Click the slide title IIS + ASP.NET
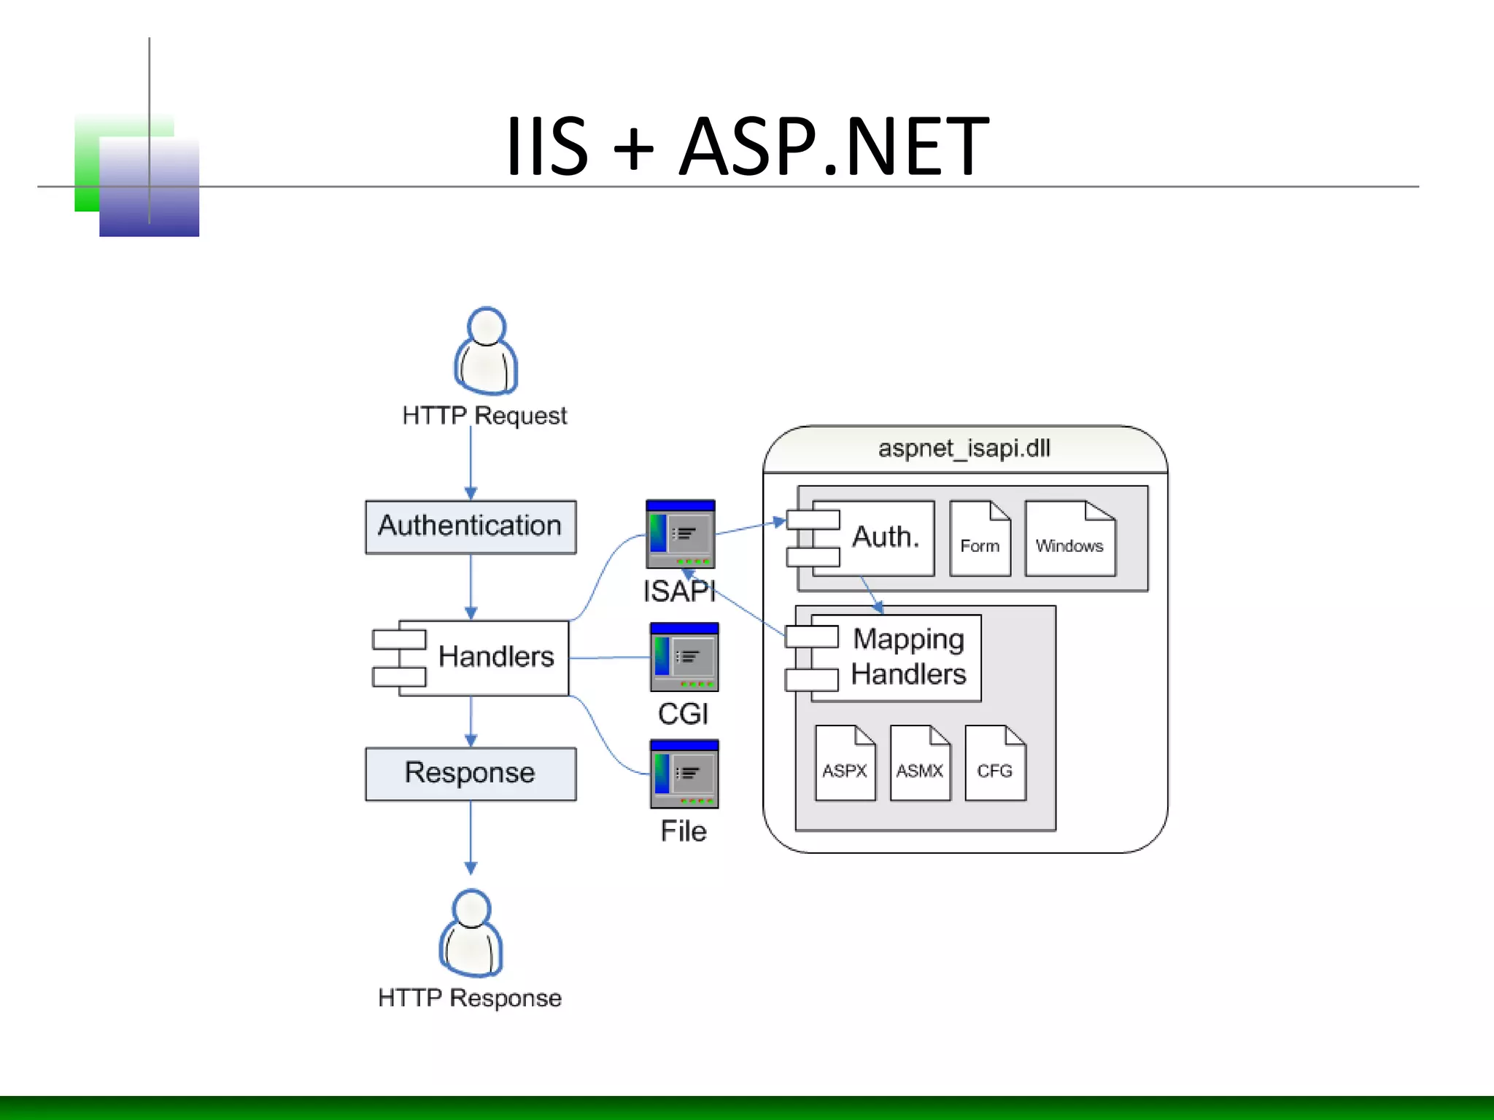click(x=747, y=146)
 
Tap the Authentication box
click(x=471, y=526)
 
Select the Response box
click(x=471, y=774)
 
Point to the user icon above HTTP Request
click(x=486, y=351)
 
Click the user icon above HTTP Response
click(x=471, y=933)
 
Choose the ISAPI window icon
click(x=680, y=534)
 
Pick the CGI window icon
click(x=684, y=657)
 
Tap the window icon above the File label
click(x=684, y=774)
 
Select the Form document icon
click(x=980, y=539)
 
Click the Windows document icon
click(x=1070, y=539)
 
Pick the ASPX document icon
click(x=845, y=763)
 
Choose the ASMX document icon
click(x=920, y=763)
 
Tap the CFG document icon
click(x=995, y=763)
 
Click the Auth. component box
click(x=872, y=538)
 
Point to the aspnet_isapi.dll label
click(x=964, y=448)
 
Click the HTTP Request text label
click(x=484, y=416)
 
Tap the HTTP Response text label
click(x=470, y=997)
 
